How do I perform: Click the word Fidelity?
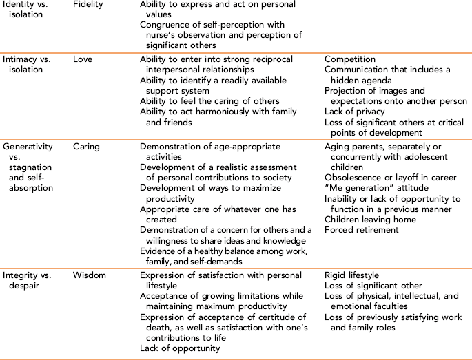pyautogui.click(x=89, y=4)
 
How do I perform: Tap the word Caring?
pyautogui.click(x=88, y=147)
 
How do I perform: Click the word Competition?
pyautogui.click(x=350, y=60)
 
